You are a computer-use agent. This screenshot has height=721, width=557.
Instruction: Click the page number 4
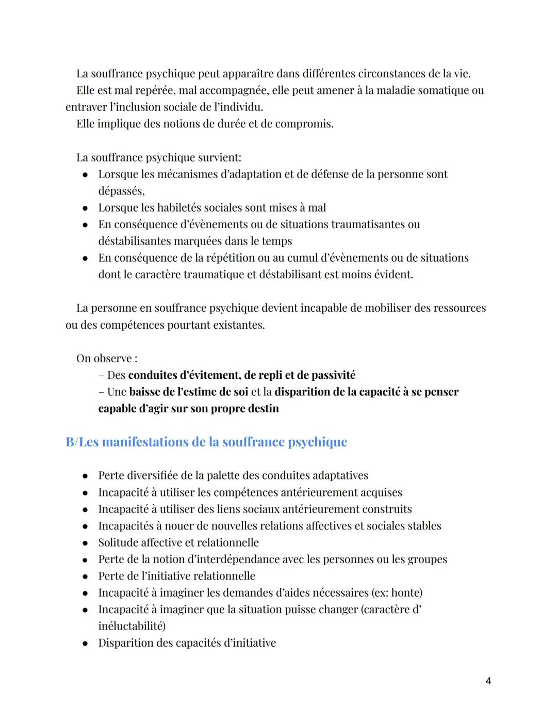point(488,681)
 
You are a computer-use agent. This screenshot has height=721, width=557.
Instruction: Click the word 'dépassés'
point(121,191)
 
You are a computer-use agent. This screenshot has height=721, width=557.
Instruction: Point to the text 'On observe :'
point(107,358)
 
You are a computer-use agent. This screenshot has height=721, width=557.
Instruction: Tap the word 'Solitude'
point(120,542)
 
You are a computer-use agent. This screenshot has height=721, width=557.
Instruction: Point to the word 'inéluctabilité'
point(131,626)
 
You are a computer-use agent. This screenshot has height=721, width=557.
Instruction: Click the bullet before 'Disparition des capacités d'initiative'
point(85,643)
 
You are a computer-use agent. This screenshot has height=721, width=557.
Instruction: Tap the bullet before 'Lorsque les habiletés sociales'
point(85,208)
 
